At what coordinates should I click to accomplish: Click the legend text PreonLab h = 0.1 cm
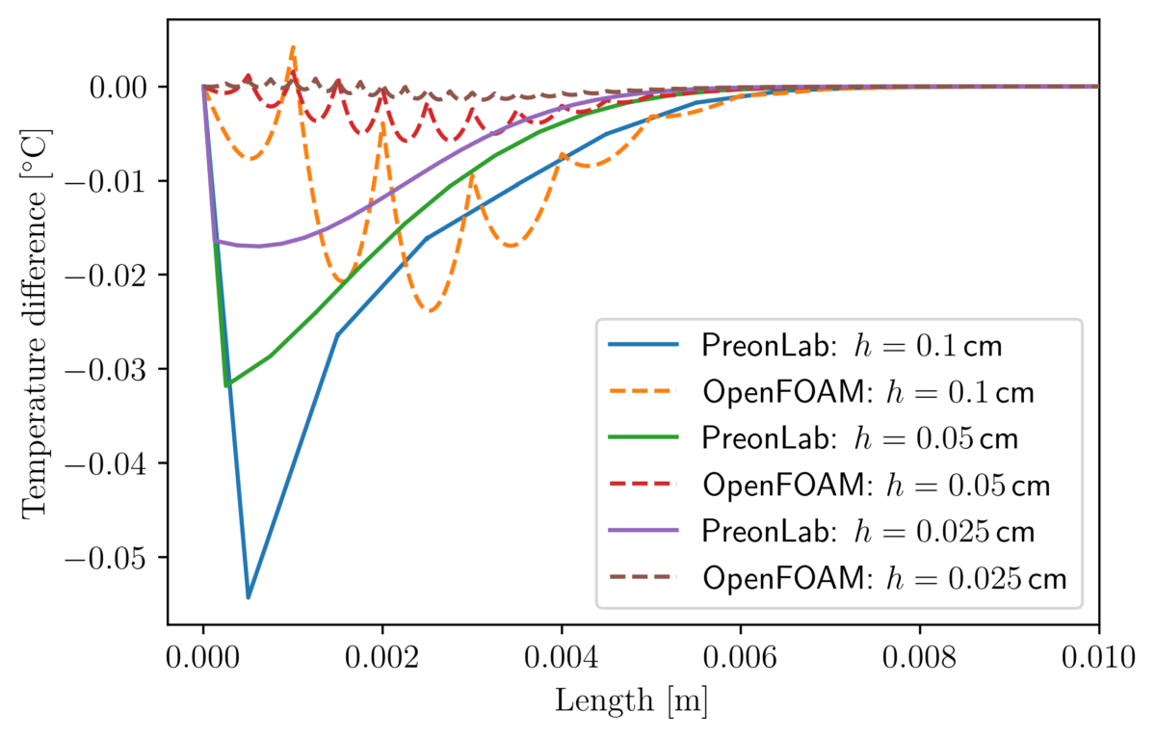coord(852,346)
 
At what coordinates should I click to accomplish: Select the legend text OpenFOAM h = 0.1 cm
coord(868,392)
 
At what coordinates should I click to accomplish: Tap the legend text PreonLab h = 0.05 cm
coord(859,438)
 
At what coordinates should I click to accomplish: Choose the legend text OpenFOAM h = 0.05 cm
coord(876,485)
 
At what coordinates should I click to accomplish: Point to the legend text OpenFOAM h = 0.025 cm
coord(884,578)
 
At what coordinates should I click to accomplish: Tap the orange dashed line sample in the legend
coord(644,391)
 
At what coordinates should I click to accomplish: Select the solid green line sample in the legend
coord(644,437)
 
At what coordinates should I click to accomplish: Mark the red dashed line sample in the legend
coord(644,484)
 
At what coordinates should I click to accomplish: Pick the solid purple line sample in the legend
coord(644,531)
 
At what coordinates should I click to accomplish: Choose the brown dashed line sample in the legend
coord(644,577)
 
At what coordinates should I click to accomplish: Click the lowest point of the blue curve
coord(249,597)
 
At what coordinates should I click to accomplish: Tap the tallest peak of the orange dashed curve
coord(293,46)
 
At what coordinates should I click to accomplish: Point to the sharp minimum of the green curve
coord(226,385)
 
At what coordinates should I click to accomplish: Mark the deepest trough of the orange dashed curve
coord(432,311)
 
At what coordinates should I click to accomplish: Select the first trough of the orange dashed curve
coord(250,158)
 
